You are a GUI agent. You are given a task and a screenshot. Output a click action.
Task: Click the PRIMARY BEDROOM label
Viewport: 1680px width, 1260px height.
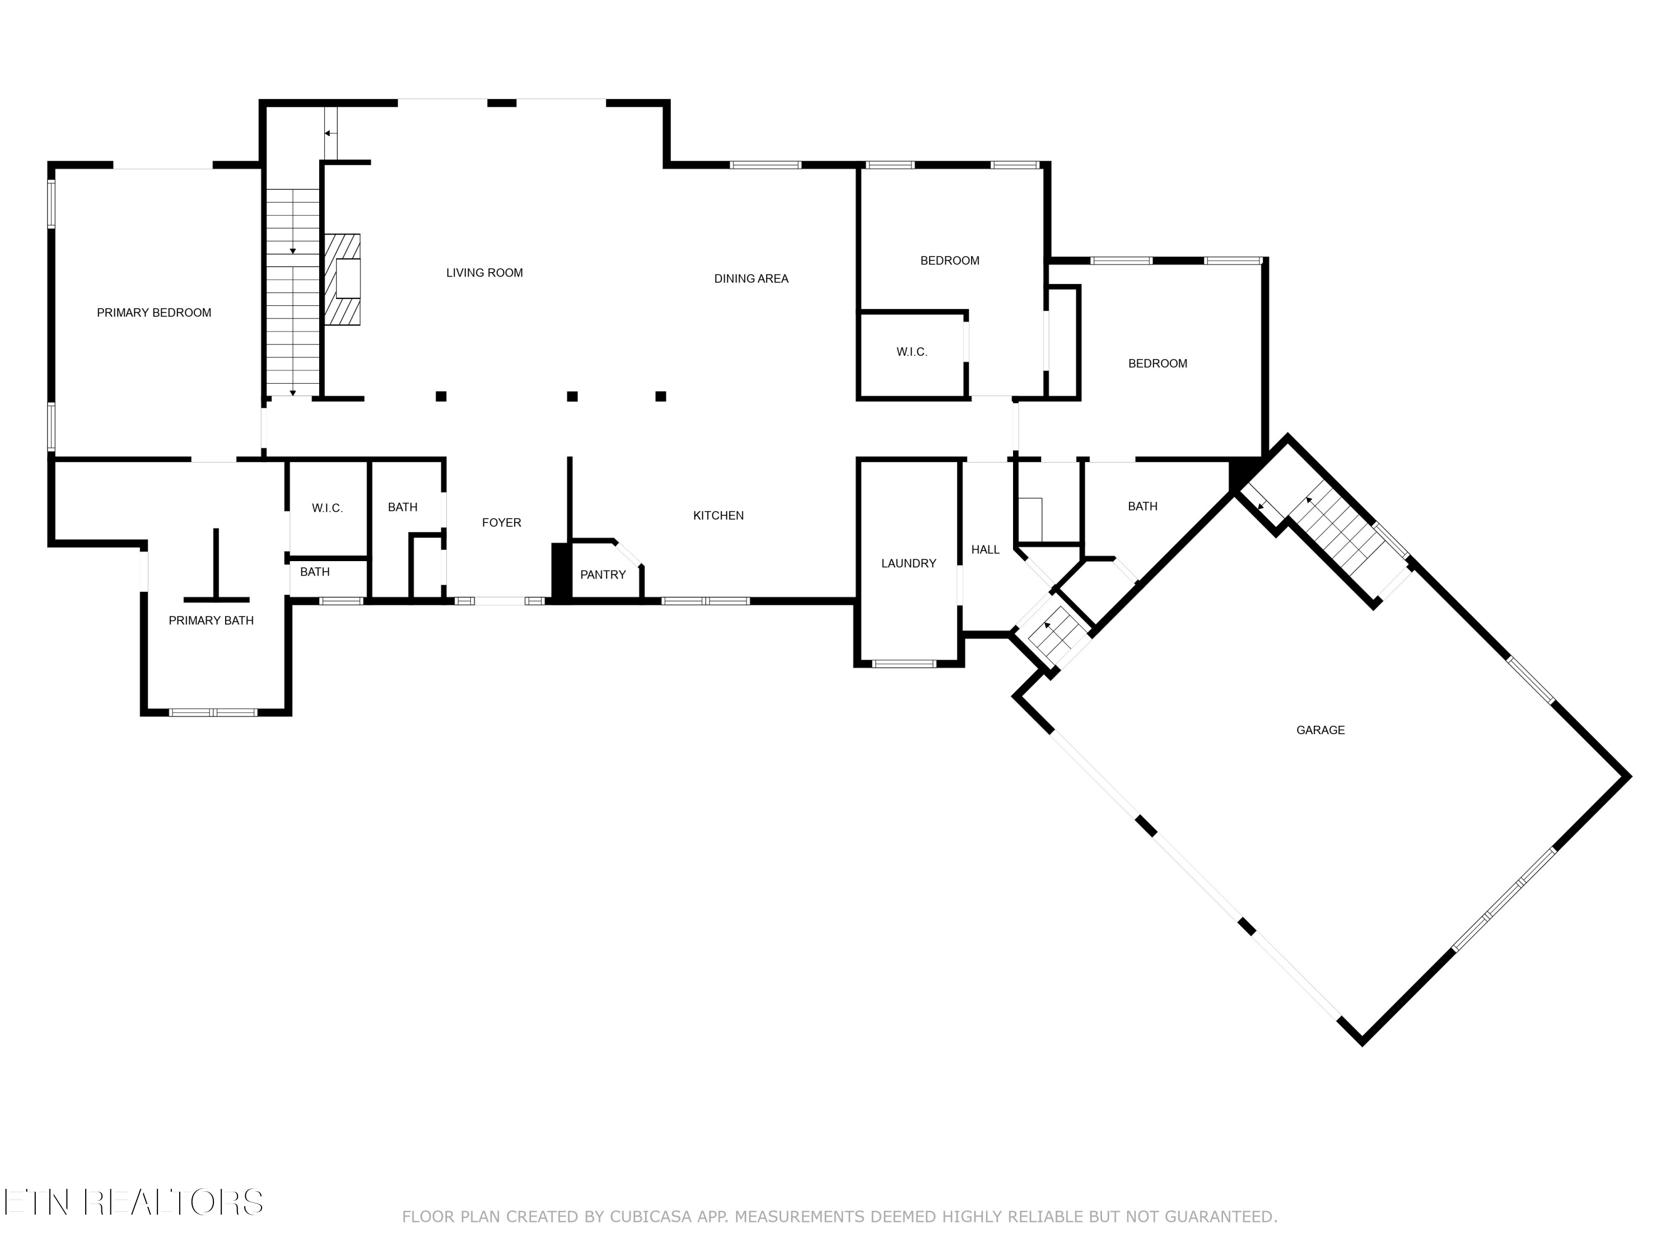153,313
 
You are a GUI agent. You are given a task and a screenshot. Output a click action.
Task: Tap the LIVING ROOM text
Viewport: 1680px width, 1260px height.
484,273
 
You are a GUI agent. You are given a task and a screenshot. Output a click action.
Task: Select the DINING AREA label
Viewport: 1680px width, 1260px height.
750,279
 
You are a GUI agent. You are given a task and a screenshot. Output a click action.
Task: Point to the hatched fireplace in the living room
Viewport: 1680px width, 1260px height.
343,279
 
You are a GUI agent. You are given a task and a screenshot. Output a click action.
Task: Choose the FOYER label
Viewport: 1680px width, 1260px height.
501,522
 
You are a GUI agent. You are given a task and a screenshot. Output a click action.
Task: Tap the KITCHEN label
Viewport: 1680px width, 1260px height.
718,516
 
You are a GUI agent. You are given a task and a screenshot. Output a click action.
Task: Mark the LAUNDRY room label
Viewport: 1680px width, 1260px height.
908,563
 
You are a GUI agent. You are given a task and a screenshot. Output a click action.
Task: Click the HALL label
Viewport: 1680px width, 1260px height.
985,550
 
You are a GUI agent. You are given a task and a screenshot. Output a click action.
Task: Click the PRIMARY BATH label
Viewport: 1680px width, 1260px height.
211,620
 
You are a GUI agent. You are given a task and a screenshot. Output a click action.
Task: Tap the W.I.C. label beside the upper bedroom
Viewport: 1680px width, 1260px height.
911,352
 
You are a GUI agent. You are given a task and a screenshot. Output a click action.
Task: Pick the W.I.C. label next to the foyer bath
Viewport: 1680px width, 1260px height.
328,508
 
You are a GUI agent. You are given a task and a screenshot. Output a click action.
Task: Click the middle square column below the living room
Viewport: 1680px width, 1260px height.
573,396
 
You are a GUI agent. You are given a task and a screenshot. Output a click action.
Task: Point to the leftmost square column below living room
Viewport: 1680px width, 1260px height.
441,396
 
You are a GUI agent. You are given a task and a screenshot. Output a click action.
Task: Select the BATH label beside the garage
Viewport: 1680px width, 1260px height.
1142,507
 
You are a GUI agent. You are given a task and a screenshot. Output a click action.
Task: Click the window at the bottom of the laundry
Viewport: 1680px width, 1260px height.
904,664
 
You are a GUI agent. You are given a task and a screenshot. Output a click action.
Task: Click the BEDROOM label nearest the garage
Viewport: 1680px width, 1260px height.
1158,364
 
